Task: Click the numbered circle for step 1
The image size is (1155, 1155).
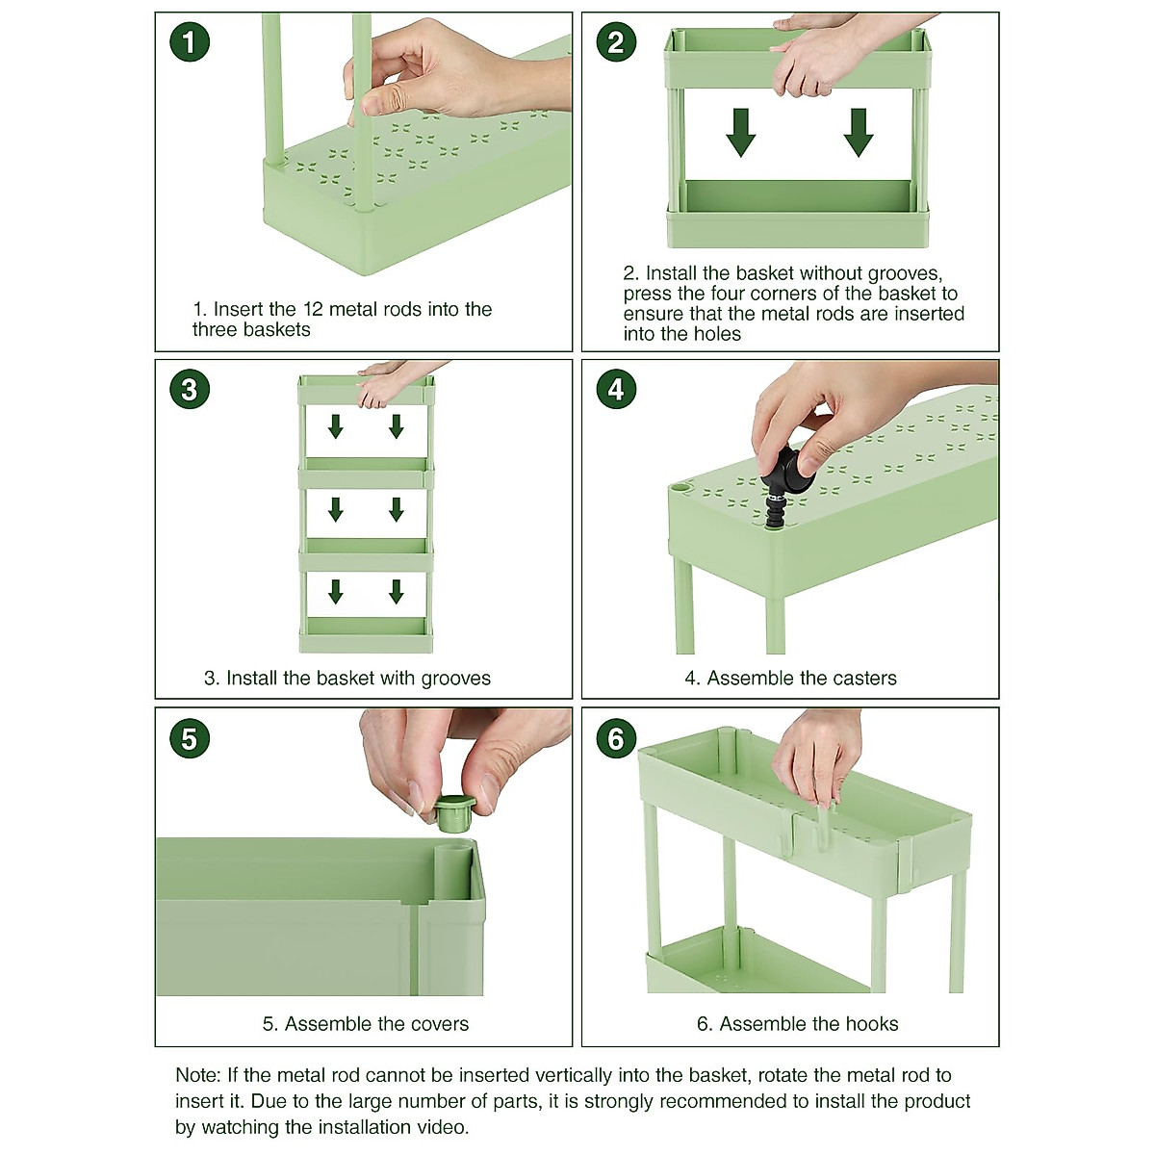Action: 190,42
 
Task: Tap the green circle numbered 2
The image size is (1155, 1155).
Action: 616,42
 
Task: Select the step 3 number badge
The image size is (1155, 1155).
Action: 190,390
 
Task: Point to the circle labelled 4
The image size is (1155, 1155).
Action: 616,390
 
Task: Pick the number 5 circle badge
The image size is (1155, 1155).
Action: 190,738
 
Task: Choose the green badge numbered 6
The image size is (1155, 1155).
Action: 616,738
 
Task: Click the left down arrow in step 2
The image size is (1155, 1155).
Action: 741,133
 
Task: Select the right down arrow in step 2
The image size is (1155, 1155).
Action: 859,133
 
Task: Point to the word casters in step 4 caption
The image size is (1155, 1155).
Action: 860,678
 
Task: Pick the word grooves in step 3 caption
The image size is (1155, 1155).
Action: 455,680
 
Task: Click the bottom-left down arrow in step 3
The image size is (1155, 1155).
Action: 336,592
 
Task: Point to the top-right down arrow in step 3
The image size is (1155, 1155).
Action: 397,426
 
